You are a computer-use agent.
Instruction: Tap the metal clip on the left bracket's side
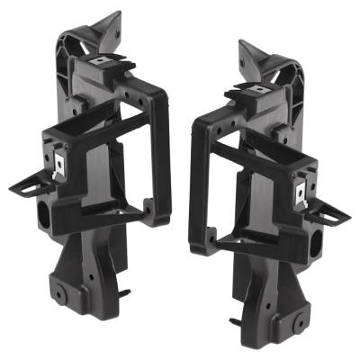[59, 165]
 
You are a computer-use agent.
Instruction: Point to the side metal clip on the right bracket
[301, 191]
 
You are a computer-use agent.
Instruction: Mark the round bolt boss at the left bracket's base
[58, 294]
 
